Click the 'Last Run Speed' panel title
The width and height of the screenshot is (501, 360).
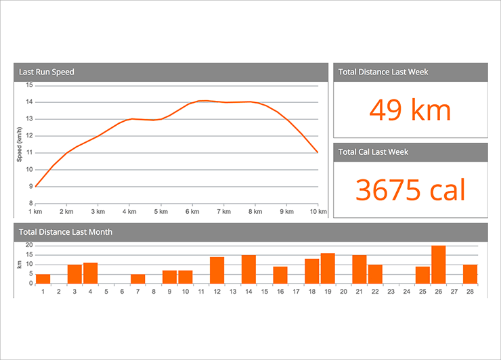47,72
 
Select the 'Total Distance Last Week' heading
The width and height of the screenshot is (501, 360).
383,72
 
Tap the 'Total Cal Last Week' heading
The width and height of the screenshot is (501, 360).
374,152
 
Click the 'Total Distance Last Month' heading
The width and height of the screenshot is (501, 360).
66,232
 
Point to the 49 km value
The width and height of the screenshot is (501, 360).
410,110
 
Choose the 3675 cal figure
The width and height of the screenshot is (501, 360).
410,190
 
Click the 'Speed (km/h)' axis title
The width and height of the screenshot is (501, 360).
20,144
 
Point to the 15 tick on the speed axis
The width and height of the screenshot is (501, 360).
29,85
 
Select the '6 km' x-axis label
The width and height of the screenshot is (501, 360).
192,212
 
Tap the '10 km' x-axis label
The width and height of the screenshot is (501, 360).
318,212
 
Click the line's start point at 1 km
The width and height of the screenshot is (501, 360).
35,187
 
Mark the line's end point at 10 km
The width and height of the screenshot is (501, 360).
318,152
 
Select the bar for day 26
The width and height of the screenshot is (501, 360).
438,265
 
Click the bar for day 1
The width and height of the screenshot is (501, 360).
43,279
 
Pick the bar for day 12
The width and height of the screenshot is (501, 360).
217,271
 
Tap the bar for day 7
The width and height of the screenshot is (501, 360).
137,279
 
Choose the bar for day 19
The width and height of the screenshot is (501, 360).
328,269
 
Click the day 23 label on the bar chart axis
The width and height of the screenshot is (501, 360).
391,292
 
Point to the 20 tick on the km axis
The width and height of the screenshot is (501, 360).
29,245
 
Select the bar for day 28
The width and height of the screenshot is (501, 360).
470,274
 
